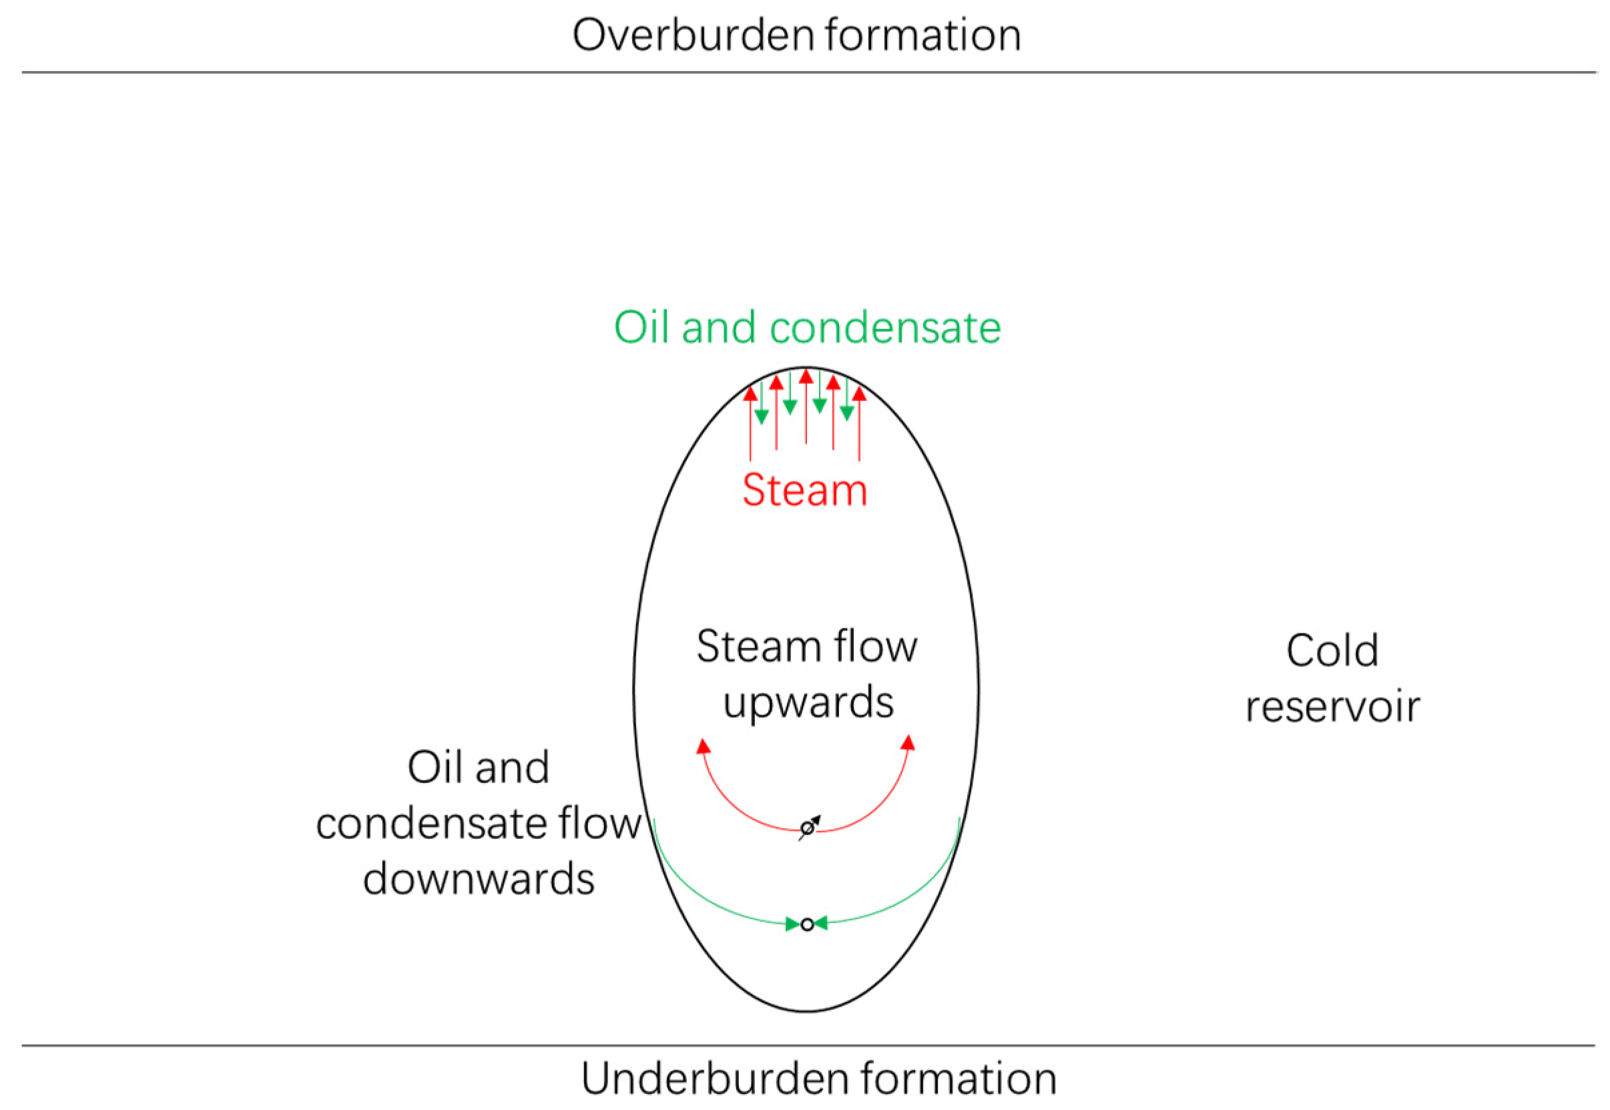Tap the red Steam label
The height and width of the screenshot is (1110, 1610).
click(x=804, y=491)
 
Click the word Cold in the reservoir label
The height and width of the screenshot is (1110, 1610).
click(x=1332, y=651)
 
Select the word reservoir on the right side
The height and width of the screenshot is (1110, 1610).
click(x=1332, y=708)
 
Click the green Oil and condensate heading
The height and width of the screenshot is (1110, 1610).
click(x=807, y=328)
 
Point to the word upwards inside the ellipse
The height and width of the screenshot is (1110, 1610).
click(x=808, y=704)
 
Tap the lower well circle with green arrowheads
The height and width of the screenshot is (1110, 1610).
click(x=807, y=924)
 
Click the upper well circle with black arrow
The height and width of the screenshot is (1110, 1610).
click(x=807, y=829)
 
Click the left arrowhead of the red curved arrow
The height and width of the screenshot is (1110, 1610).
click(x=703, y=746)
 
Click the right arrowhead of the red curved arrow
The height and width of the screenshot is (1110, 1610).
click(x=908, y=743)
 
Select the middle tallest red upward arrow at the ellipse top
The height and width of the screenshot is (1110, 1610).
click(x=806, y=407)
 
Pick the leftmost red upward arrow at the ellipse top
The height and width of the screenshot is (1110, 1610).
click(x=750, y=425)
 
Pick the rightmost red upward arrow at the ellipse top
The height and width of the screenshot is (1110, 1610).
click(x=859, y=425)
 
